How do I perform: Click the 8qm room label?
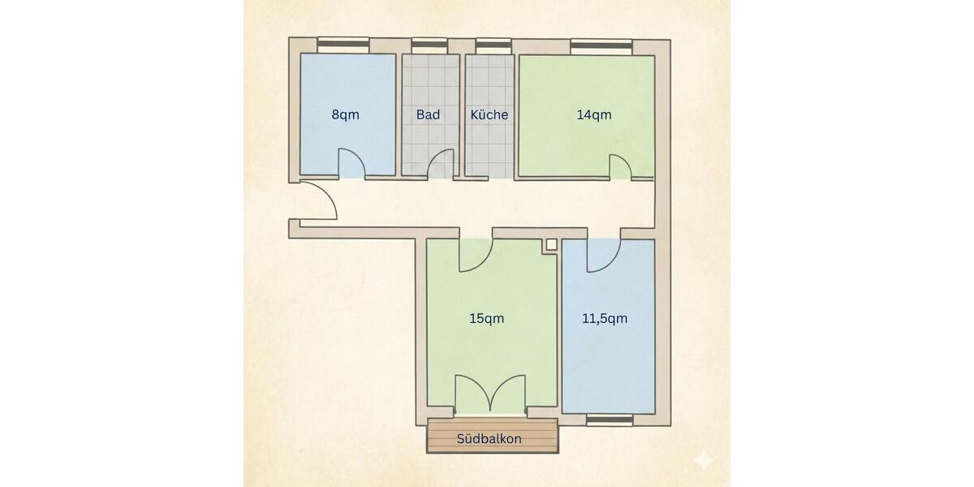346,114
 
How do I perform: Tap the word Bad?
428,114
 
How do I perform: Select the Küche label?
489,114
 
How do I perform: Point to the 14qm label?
594,114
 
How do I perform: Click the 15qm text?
486,318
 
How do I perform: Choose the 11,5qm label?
606,318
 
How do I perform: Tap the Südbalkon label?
489,439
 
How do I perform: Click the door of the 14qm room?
619,165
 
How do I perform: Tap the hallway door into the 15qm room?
476,254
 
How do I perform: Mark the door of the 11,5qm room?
603,255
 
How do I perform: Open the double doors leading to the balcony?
489,395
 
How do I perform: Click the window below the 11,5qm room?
610,420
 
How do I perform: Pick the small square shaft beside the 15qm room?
551,243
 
